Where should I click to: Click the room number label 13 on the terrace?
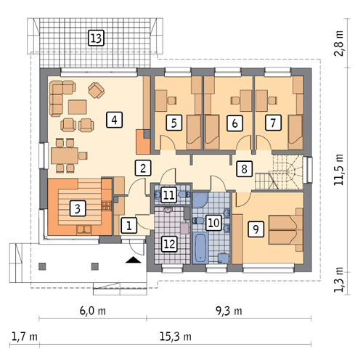[x=96, y=38]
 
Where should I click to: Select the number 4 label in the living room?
[x=114, y=120]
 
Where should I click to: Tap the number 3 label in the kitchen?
[x=78, y=208]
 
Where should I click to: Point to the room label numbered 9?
[x=256, y=229]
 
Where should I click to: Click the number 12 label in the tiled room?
[x=169, y=244]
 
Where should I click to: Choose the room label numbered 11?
[x=169, y=195]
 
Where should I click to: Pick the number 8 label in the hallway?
[x=245, y=168]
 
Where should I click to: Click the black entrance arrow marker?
[x=134, y=260]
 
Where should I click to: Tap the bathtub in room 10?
[x=200, y=247]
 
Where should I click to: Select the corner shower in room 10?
[x=200, y=200]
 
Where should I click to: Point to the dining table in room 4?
[x=65, y=155]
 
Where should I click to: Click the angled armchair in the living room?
[x=97, y=90]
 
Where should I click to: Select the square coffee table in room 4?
[x=77, y=107]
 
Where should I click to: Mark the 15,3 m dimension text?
[x=176, y=336]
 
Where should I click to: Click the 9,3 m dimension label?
[x=229, y=311]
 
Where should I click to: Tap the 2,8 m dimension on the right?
[x=339, y=44]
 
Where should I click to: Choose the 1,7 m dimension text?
[x=25, y=336]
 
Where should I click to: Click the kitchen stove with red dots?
[x=106, y=205]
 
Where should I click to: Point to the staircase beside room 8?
[x=279, y=172]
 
